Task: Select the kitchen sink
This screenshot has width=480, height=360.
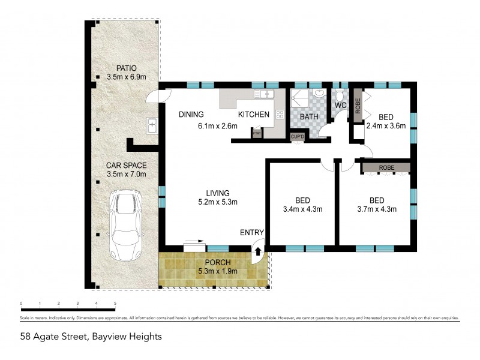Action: pyautogui.click(x=263, y=94)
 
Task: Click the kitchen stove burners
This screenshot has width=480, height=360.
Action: pyautogui.click(x=279, y=114)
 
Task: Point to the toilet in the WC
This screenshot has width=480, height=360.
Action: pyautogui.click(x=340, y=95)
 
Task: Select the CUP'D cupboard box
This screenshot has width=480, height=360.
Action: pyautogui.click(x=298, y=137)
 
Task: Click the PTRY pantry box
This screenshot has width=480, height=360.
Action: pyautogui.click(x=257, y=133)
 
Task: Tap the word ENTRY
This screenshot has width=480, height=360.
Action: pyautogui.click(x=252, y=233)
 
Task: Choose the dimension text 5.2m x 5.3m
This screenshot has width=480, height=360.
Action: pyautogui.click(x=218, y=202)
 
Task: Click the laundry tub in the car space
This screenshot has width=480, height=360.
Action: pyautogui.click(x=152, y=126)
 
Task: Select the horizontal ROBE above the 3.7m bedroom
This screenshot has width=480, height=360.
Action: pyautogui.click(x=386, y=167)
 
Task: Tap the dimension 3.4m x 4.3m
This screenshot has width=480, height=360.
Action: pyautogui.click(x=302, y=209)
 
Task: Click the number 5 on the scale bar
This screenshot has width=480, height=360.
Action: pyautogui.click(x=115, y=304)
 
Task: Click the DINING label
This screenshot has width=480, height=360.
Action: pyautogui.click(x=192, y=115)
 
